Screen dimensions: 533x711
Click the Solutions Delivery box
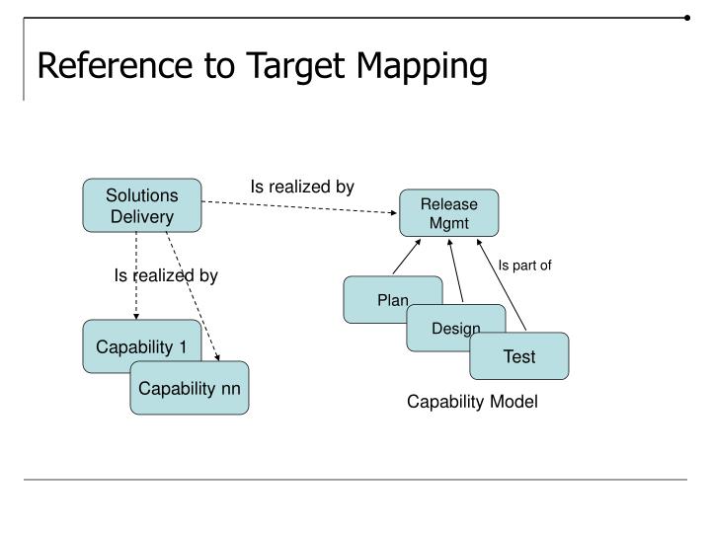click(142, 205)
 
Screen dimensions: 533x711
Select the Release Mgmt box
click(449, 213)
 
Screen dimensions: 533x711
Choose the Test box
click(519, 356)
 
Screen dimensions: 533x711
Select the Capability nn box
click(190, 388)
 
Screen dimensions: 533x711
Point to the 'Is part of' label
click(524, 265)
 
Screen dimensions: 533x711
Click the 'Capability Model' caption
click(473, 403)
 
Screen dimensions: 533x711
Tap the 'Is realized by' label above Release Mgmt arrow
click(301, 186)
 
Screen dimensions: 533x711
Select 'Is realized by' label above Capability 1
click(165, 275)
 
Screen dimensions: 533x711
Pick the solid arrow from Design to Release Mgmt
click(456, 271)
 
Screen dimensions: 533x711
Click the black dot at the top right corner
click(686, 17)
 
